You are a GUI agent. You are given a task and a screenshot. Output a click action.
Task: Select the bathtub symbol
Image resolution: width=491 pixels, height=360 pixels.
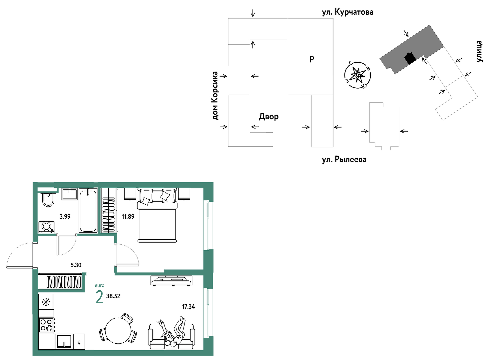pos(88,211)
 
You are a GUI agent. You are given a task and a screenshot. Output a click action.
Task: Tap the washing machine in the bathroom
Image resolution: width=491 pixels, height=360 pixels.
pos(46,227)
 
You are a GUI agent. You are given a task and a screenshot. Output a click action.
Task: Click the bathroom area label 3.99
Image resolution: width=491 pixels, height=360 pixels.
pos(65,217)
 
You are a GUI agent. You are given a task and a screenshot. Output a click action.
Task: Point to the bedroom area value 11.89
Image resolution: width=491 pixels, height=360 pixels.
pos(128,217)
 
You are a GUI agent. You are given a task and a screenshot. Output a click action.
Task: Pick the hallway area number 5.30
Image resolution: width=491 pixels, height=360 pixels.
pos(76,265)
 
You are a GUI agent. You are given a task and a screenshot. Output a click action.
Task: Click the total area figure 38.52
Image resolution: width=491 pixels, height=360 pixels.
pos(113,296)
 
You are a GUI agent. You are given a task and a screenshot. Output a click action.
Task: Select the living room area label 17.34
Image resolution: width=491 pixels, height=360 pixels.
pos(188,307)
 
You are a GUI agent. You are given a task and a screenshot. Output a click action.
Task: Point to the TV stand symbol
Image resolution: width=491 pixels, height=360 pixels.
pos(172,280)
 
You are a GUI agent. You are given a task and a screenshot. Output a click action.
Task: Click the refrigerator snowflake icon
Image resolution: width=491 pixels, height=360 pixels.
pos(46,302)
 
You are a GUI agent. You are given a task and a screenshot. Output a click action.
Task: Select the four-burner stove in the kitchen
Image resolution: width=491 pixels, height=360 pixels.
pos(46,325)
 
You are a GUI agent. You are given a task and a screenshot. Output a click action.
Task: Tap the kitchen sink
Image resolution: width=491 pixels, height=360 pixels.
pos(64,341)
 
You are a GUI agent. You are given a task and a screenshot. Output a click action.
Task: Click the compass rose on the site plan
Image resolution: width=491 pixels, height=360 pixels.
pos(357,75)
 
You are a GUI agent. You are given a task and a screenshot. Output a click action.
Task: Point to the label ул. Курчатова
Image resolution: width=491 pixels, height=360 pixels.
pos(347,12)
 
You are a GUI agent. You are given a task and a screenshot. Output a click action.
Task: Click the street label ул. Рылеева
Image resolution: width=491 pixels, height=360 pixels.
pos(344,160)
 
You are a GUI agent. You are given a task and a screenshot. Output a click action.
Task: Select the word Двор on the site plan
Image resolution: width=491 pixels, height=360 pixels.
pos(268,117)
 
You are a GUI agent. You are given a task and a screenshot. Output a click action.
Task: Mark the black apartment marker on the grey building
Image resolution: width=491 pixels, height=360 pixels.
pos(410,58)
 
